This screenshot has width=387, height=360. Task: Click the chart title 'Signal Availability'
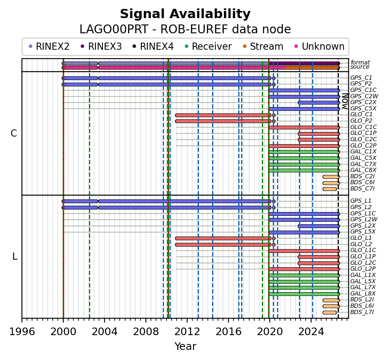click(185, 14)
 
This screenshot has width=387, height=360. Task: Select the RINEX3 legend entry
click(101, 46)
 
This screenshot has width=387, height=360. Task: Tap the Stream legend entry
click(263, 46)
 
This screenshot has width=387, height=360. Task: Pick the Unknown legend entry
click(320, 46)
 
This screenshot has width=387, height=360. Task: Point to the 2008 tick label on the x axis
click(146, 331)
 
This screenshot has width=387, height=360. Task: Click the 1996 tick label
click(22, 331)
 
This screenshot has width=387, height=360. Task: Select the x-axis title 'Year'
click(185, 346)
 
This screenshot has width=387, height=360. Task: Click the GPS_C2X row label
click(363, 102)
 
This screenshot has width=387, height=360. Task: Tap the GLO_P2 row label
click(361, 121)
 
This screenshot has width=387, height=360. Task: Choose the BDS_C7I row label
click(362, 189)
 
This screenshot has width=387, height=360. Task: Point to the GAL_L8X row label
click(363, 294)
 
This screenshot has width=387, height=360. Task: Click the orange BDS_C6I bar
click(331, 183)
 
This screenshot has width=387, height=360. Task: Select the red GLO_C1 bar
click(223, 115)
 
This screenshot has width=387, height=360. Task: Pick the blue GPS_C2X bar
click(319, 102)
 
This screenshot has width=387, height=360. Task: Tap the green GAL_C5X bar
click(304, 158)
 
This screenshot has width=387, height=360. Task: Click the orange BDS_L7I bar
click(330, 313)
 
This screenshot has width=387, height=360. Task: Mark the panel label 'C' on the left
click(14, 133)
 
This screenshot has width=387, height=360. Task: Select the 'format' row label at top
click(360, 62)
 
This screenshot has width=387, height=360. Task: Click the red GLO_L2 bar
click(223, 245)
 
